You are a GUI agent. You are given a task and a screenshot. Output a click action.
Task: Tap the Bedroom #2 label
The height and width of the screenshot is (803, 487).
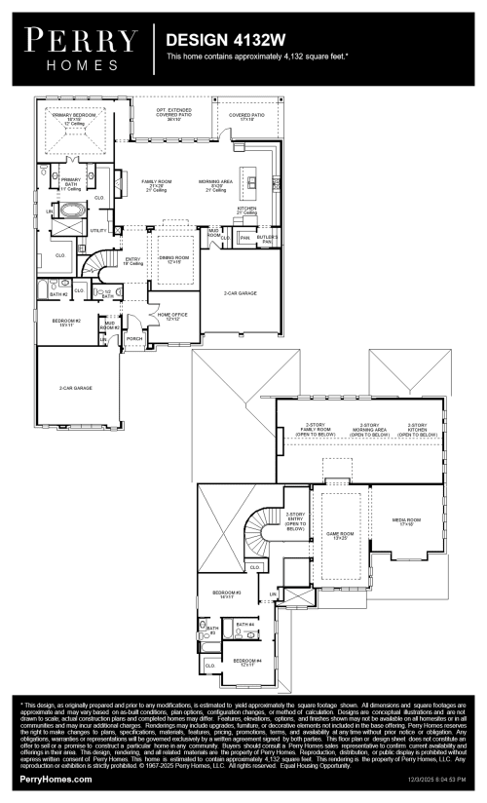[x=66, y=322]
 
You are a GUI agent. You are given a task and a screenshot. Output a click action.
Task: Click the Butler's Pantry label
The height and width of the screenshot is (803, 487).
[x=268, y=238]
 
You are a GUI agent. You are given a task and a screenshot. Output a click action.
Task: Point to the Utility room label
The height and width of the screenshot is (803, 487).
[x=97, y=231]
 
